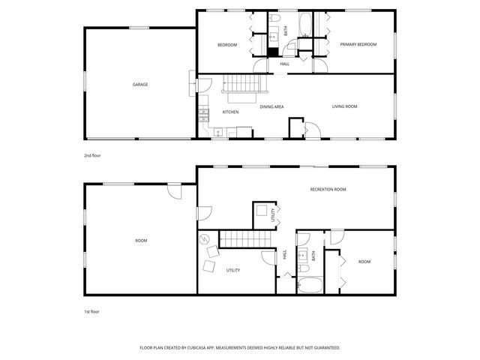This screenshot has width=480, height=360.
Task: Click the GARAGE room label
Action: [x=140, y=85]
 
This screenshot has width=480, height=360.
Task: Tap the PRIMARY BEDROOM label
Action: [x=358, y=45]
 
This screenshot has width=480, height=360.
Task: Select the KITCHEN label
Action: [x=230, y=112]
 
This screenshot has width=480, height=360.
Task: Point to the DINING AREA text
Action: [x=271, y=107]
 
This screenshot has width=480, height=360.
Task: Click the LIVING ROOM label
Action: [x=345, y=106]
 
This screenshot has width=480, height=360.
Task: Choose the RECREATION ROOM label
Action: [x=328, y=190]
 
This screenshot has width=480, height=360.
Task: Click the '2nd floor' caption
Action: [x=92, y=155]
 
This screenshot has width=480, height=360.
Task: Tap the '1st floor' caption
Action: [x=91, y=310]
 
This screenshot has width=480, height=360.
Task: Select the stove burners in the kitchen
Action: [x=202, y=115]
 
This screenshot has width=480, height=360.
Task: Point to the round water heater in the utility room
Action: [x=204, y=239]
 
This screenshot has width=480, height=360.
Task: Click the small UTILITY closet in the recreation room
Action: [x=263, y=213]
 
